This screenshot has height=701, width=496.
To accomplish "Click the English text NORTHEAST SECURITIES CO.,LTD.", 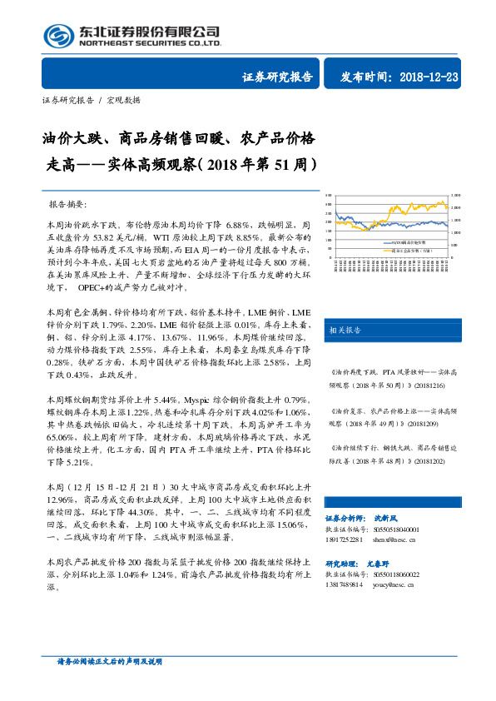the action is [150, 42].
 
